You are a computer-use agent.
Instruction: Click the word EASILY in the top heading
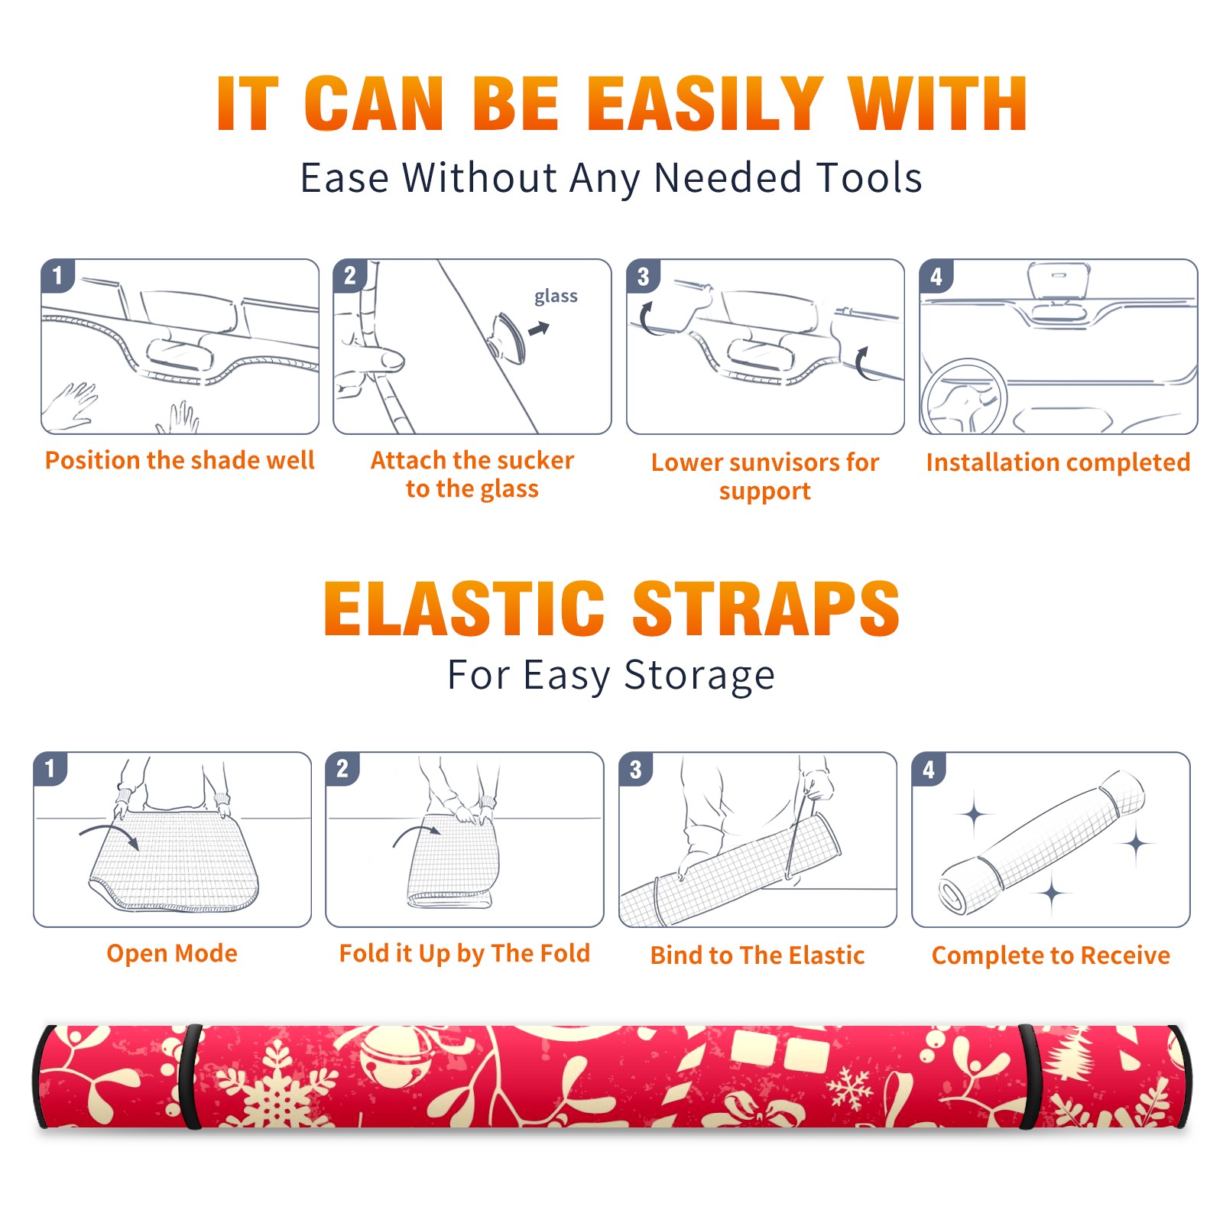(704, 104)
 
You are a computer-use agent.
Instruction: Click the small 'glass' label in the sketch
(556, 296)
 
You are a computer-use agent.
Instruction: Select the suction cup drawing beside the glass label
(508, 336)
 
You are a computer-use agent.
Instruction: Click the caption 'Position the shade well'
(180, 460)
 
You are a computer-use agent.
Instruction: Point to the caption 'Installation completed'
(1058, 462)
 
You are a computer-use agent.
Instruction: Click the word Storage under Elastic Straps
(699, 676)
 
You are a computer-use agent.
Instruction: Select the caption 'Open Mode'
(172, 953)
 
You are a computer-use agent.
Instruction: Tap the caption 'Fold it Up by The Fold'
(465, 954)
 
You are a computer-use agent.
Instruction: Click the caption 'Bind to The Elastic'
(757, 955)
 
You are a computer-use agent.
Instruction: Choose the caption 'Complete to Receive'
(1051, 955)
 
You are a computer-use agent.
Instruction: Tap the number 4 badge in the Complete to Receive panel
(929, 769)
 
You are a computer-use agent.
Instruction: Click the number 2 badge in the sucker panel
(350, 276)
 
